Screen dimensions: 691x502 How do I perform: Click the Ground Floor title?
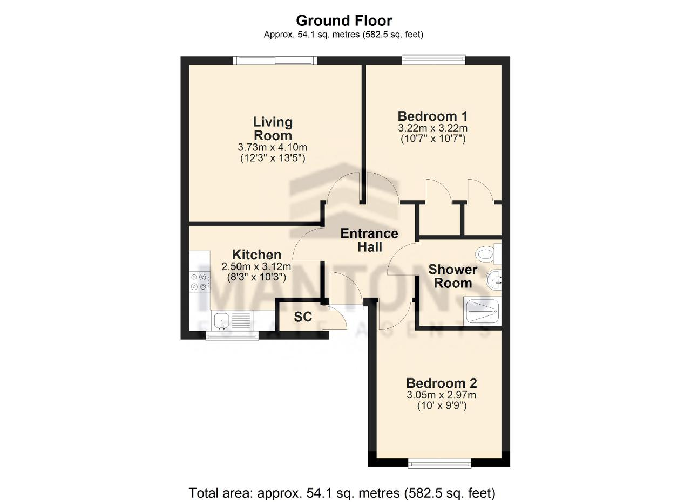click(x=344, y=20)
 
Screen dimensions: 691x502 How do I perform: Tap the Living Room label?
click(x=273, y=128)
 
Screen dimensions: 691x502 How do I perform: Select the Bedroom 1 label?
click(x=432, y=116)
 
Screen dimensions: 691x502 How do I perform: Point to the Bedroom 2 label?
click(x=442, y=383)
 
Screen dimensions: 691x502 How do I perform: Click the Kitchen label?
click(x=256, y=255)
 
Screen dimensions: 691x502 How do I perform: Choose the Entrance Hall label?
click(x=369, y=240)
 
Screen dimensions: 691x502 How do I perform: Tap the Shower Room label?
click(x=453, y=276)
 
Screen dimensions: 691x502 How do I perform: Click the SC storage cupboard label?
click(x=303, y=317)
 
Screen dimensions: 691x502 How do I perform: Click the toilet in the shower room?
click(x=489, y=255)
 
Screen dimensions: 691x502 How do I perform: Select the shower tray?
click(x=483, y=311)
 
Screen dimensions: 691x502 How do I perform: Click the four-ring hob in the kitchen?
click(x=200, y=281)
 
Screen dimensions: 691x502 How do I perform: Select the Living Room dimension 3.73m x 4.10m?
click(x=273, y=147)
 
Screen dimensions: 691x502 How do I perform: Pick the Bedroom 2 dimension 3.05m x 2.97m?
click(x=442, y=395)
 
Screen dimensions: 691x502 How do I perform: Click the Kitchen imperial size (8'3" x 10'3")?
click(x=256, y=277)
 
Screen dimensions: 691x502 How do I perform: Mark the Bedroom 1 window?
click(x=433, y=59)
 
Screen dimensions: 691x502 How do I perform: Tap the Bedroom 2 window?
click(x=439, y=472)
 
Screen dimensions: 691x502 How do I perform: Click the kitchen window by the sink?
click(x=232, y=336)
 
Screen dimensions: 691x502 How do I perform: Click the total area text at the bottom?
click(x=342, y=493)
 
